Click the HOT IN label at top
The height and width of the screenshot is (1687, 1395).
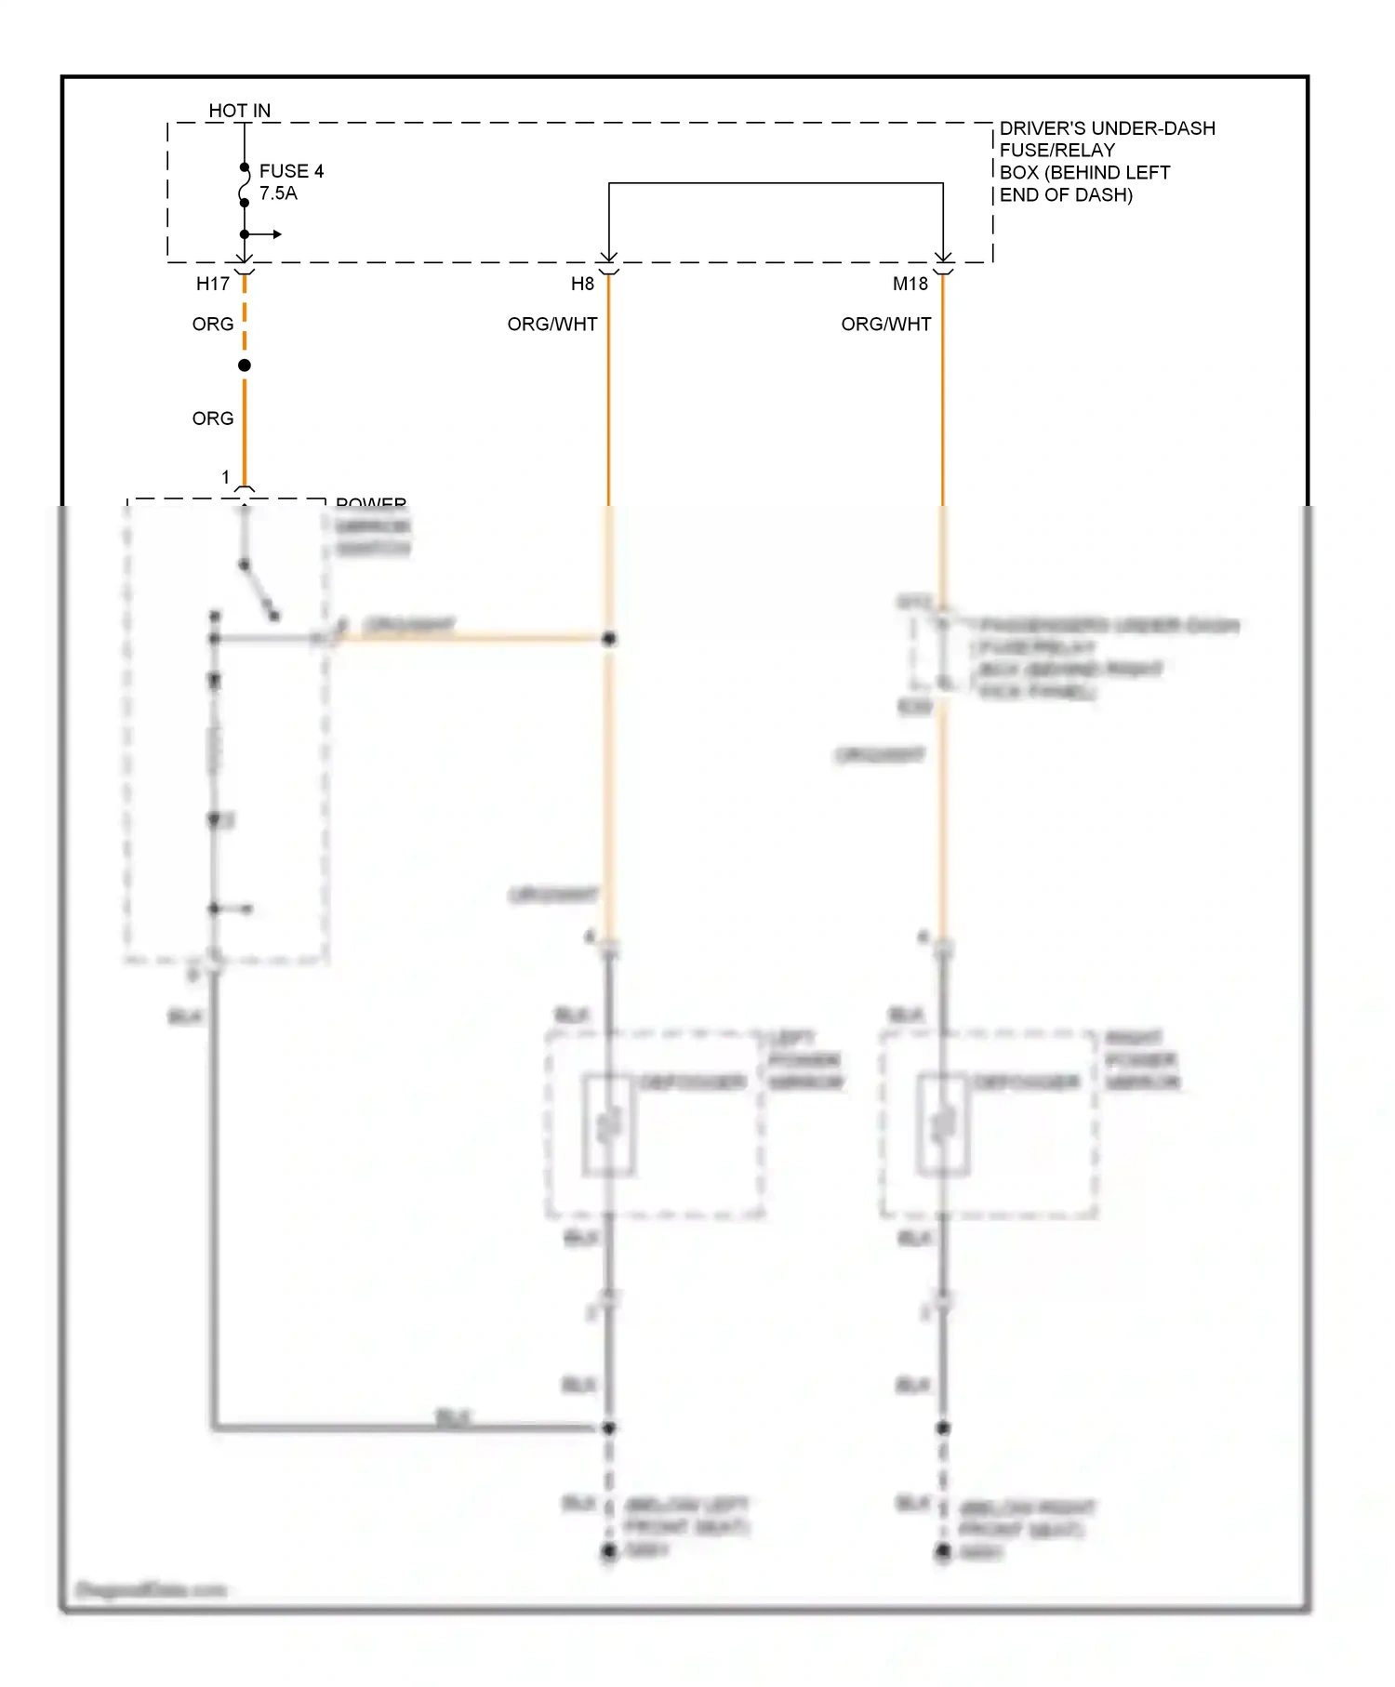[x=239, y=111]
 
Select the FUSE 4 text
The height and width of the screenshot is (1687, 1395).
[x=291, y=171]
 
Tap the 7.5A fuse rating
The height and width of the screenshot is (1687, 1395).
[x=278, y=193]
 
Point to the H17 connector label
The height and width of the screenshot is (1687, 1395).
[x=213, y=284]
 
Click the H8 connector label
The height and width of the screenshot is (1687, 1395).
[x=582, y=284]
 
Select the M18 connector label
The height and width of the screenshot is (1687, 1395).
[x=910, y=284]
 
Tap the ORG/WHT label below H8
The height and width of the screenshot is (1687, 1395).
[x=552, y=324]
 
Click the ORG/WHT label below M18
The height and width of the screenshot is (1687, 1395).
[x=886, y=324]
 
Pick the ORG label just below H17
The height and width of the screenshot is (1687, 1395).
[x=213, y=324]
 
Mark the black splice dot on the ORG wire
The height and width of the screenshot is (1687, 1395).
[x=245, y=365]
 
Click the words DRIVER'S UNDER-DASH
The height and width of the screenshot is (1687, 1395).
[x=1107, y=128]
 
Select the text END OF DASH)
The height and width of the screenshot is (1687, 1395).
[x=1066, y=195]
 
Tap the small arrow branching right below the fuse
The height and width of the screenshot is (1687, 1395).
[x=271, y=234]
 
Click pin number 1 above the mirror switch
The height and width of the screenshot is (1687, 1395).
[x=225, y=477]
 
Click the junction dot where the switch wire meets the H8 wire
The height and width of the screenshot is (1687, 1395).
[x=609, y=639]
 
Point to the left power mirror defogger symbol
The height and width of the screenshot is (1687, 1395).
[x=609, y=1125]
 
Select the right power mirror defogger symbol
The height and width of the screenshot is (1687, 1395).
[x=943, y=1125]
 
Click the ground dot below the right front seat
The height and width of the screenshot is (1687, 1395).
[x=943, y=1551]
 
